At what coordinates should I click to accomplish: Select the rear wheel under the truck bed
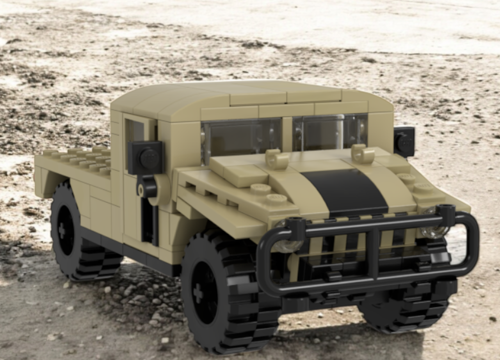[75, 235]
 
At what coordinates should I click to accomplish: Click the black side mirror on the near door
[145, 157]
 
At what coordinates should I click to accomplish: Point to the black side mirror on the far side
[404, 141]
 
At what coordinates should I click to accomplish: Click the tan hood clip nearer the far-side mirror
[362, 153]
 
